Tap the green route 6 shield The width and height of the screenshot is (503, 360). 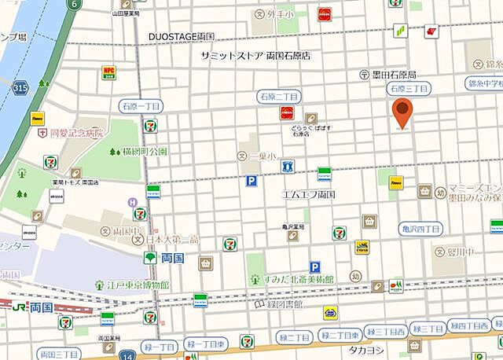point(75,4)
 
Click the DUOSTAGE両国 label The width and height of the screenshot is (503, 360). point(182,37)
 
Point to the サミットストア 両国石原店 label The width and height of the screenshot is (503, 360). point(255,56)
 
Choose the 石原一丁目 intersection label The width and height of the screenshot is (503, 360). point(141,105)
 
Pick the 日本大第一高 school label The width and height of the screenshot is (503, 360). point(170,239)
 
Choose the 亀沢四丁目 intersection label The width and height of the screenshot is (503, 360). point(420,229)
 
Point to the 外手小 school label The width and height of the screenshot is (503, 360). point(278,13)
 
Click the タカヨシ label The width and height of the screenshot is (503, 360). point(366,351)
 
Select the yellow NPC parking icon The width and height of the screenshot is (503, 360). point(108,72)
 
